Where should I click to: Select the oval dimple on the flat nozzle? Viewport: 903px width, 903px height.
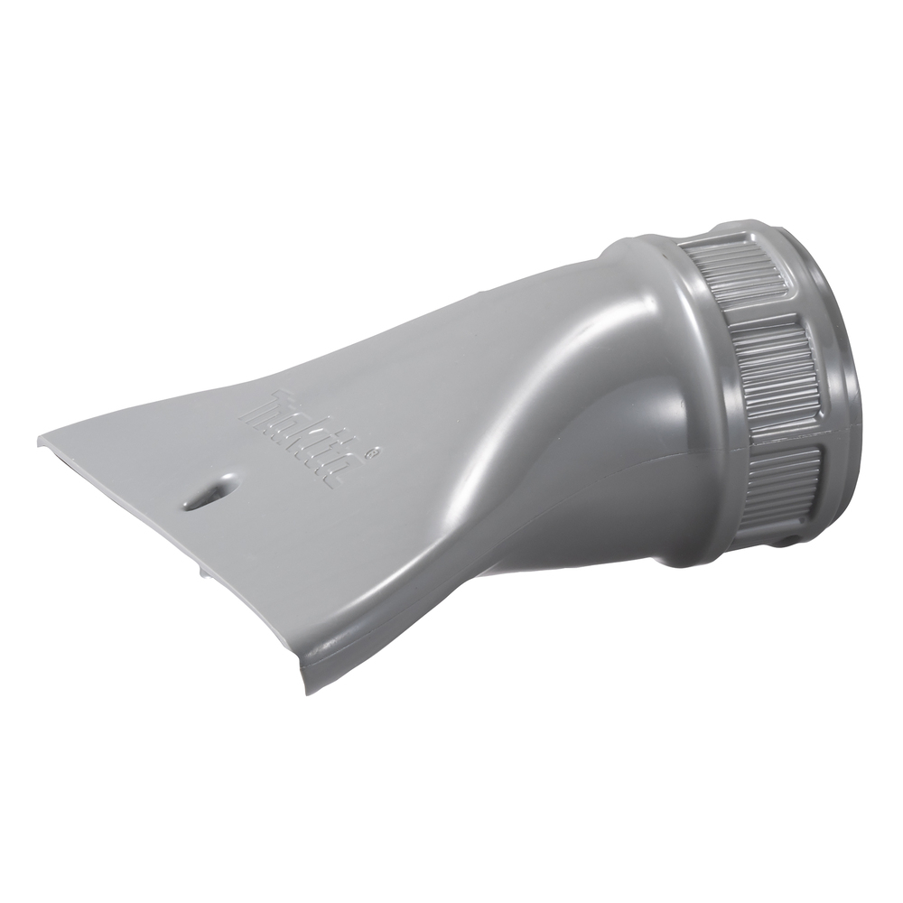[x=209, y=492]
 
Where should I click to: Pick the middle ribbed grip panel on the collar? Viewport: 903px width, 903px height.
[x=772, y=370]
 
